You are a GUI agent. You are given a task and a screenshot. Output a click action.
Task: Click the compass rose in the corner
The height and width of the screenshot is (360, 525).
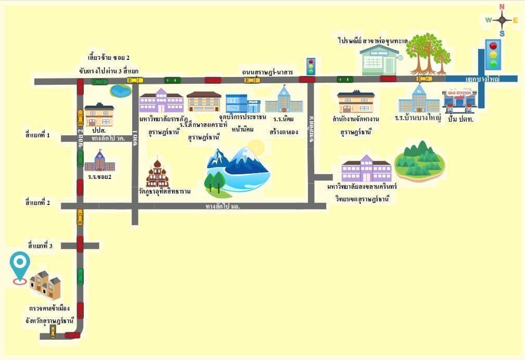(502, 20)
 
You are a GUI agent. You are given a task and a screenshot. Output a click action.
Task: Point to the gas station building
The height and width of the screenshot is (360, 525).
(459, 100)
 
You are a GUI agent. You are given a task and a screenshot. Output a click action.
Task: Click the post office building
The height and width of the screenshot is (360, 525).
(380, 59)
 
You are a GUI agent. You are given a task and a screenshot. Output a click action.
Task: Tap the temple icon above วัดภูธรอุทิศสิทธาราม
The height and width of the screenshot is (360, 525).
(157, 174)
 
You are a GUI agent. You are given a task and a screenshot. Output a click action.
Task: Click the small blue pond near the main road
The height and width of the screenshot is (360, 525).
(120, 91)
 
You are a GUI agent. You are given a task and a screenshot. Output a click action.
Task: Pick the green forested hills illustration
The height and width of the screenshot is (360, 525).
(419, 159)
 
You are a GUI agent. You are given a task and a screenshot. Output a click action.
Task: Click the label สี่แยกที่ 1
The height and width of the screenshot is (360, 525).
(37, 135)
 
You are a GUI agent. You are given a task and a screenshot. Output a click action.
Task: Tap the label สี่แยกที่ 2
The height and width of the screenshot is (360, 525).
(37, 202)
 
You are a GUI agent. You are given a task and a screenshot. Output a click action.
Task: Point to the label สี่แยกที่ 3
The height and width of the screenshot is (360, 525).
(41, 245)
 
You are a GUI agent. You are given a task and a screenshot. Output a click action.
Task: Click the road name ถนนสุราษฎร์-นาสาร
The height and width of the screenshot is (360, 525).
(267, 71)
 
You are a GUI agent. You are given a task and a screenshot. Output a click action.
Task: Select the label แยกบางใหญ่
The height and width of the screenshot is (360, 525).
(482, 79)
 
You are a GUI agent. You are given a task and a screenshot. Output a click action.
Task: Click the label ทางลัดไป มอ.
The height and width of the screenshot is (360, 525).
(223, 206)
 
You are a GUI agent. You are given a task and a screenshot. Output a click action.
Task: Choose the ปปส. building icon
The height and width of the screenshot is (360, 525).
(99, 114)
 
